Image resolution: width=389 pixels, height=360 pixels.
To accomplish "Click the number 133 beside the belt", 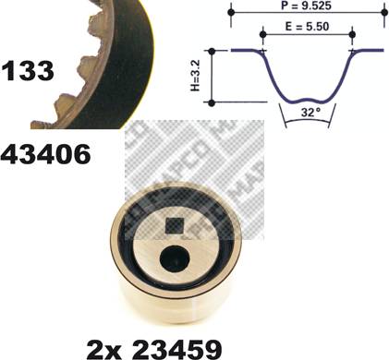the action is click(28, 71).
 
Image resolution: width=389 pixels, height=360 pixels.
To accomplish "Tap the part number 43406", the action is click(45, 154).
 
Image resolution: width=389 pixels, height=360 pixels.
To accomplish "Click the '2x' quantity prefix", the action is click(104, 349).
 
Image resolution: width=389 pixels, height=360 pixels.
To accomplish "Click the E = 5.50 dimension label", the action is click(307, 27).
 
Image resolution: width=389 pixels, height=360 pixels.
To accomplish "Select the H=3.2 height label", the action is click(195, 76).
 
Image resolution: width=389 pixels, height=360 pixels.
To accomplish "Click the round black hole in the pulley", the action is click(175, 259).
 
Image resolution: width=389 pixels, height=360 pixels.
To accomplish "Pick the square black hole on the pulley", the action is click(175, 226).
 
